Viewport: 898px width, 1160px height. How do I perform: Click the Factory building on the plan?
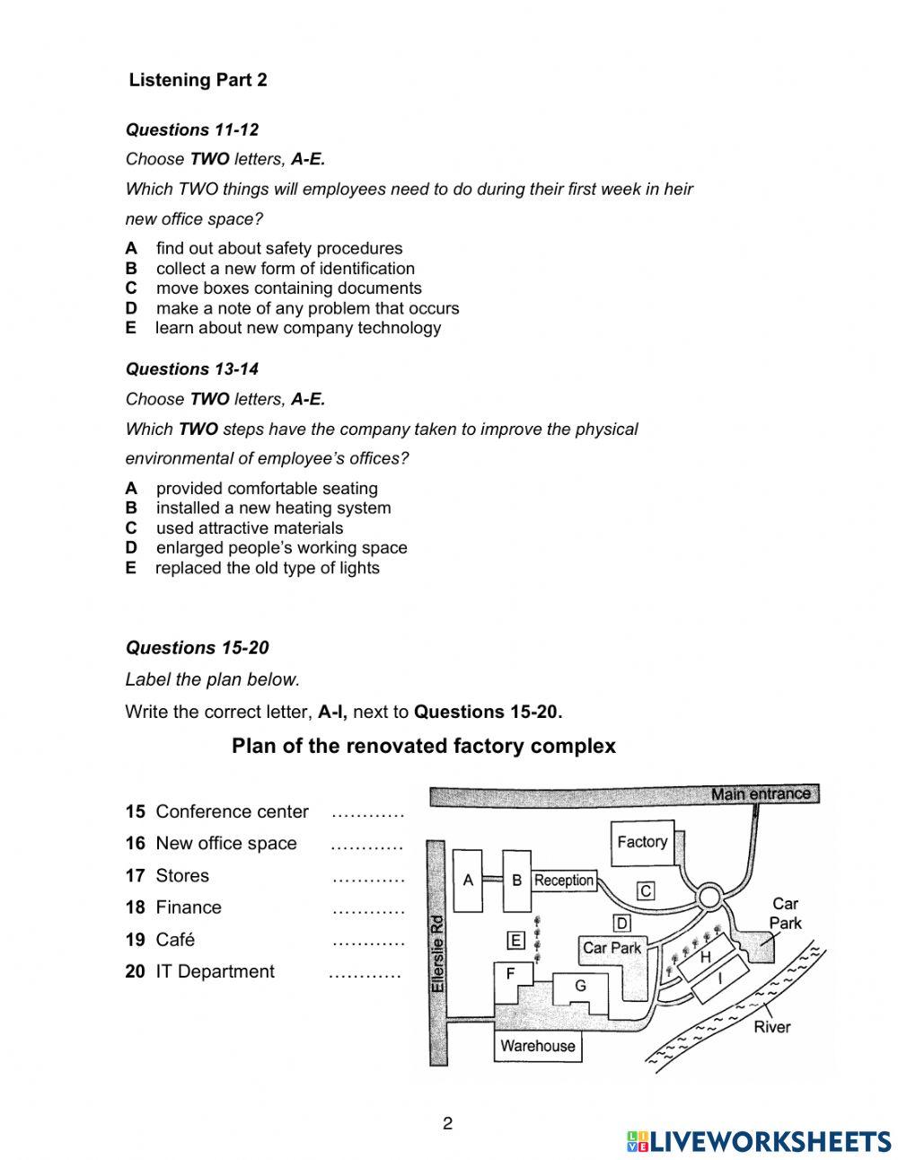[642, 843]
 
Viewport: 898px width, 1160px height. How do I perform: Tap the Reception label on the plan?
[564, 881]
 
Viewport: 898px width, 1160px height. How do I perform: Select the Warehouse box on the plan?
[537, 1046]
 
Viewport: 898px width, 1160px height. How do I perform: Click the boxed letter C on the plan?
[645, 891]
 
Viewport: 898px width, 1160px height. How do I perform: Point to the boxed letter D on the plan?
[621, 923]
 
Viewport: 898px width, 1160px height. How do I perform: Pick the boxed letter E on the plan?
[515, 941]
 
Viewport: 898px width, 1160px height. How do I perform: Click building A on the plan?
[468, 881]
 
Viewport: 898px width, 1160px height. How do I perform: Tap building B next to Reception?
[516, 881]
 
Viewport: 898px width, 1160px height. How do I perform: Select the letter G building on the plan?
[580, 987]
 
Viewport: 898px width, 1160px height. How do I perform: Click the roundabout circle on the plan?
[709, 897]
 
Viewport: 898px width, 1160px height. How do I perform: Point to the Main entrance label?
[760, 794]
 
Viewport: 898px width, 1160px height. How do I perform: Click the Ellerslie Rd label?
[437, 953]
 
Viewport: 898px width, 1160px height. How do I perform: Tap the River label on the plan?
[771, 1027]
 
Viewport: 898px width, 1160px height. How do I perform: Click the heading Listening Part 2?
[198, 80]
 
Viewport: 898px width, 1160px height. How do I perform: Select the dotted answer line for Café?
[368, 941]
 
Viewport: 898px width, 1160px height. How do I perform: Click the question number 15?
[135, 812]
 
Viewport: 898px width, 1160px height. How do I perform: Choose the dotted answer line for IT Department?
[365, 973]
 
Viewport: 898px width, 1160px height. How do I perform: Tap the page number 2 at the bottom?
[448, 1123]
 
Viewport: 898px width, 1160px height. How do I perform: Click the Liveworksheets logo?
[759, 1141]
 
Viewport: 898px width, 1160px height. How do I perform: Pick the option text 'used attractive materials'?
[249, 528]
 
